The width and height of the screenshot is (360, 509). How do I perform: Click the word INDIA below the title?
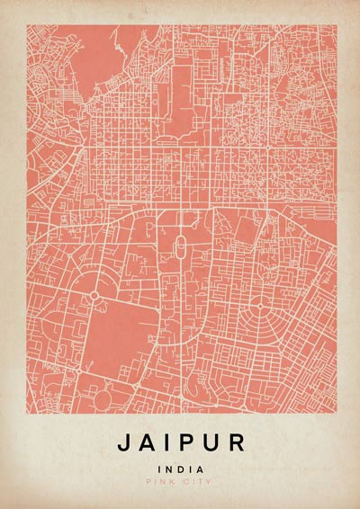click(180, 469)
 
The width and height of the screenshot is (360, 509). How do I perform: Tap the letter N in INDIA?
click(171, 469)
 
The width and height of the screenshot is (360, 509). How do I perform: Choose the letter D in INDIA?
click(181, 469)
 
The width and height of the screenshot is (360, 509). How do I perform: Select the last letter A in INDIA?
click(199, 469)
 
